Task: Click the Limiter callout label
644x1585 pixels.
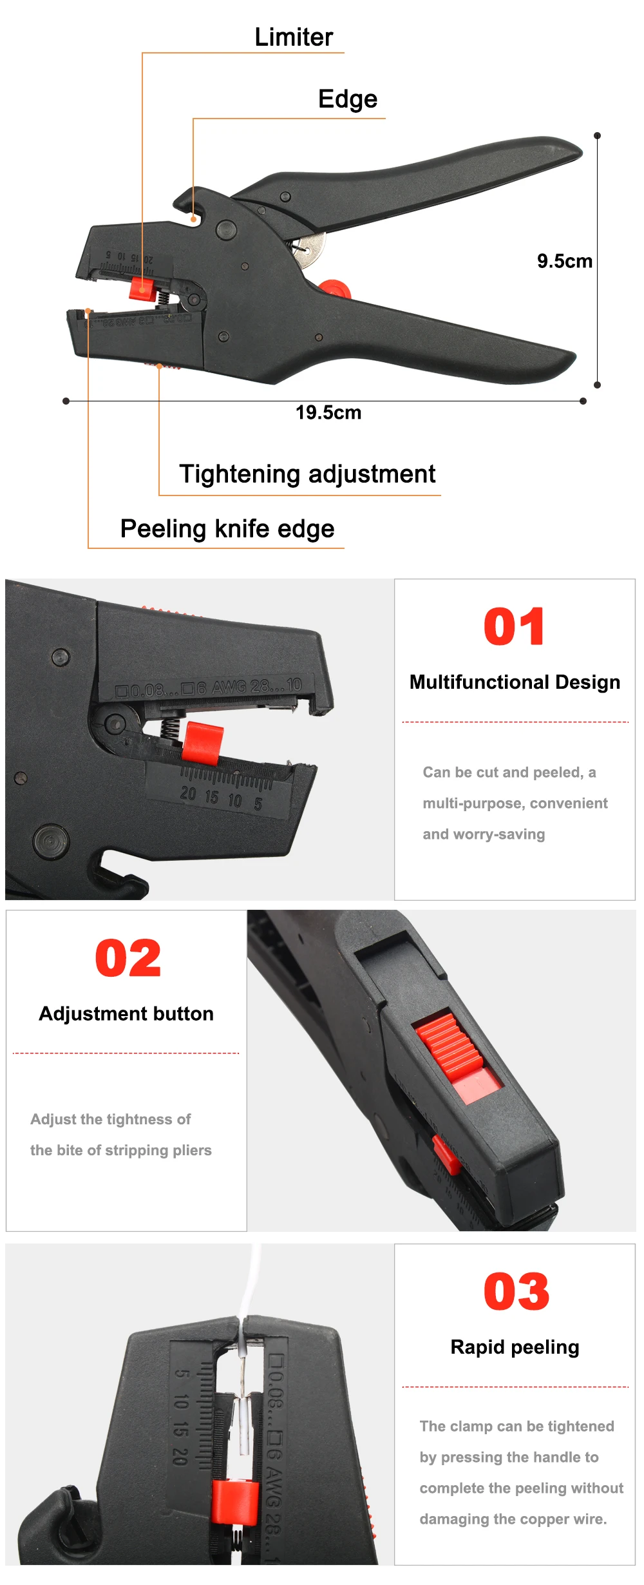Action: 294,37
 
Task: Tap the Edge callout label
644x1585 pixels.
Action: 348,99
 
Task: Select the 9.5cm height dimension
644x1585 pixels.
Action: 565,261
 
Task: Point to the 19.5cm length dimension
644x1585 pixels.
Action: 328,412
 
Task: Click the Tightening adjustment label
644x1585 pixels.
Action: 307,474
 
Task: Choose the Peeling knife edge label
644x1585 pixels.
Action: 227,529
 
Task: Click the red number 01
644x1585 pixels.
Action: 514,626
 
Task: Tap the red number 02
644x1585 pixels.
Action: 128,958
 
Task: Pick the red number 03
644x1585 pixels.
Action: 516,1292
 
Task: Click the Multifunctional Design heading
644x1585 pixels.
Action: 515,682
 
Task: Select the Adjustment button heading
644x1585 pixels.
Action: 126,1013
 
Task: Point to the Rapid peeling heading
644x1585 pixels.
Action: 515,1347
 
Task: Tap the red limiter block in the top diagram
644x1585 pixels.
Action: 141,289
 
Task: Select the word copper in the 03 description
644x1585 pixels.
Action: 546,1519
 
